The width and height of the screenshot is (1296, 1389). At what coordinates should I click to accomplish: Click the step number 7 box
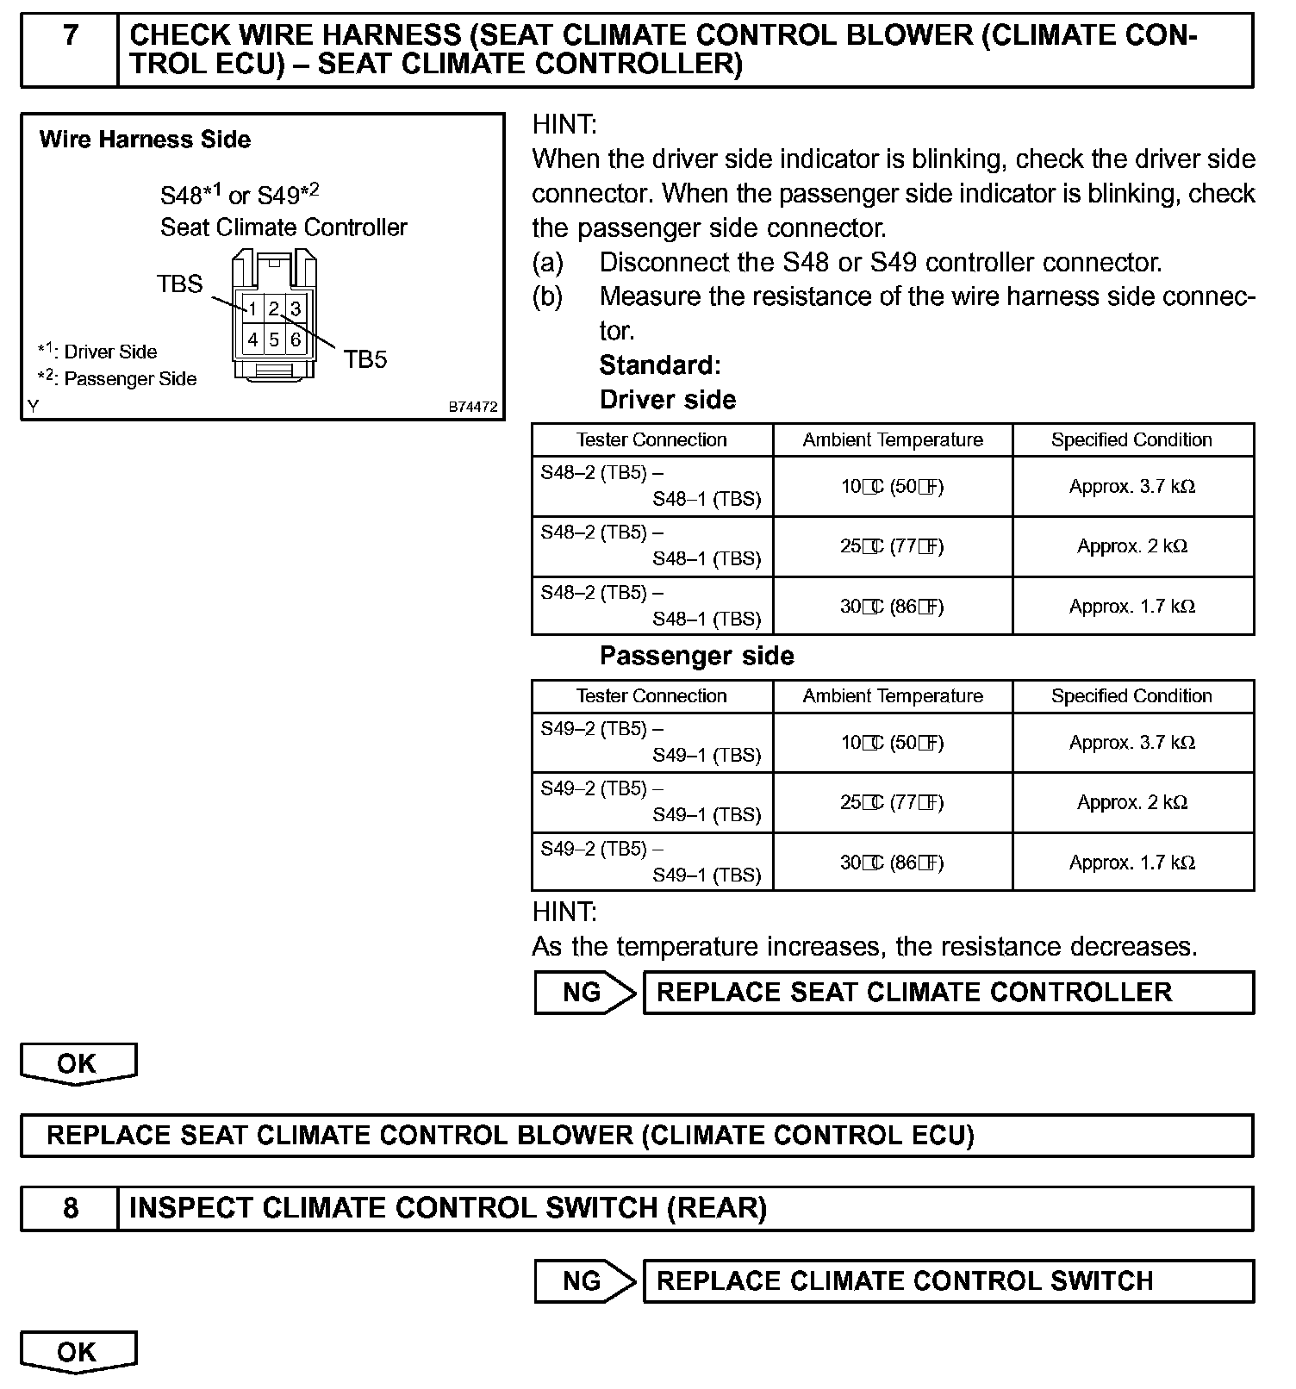point(70,49)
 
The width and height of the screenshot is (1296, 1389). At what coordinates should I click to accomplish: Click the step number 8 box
point(70,1208)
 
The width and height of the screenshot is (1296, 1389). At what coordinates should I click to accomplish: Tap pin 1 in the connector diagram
point(252,308)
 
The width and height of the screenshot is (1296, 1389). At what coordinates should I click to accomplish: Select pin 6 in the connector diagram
point(296,339)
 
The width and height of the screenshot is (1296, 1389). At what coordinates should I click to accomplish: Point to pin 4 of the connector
point(252,339)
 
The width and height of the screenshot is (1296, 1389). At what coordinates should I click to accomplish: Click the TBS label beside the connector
point(179,283)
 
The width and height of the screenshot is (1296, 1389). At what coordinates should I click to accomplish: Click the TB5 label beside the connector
point(365,359)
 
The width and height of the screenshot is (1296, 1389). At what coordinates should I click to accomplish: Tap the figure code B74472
point(472,407)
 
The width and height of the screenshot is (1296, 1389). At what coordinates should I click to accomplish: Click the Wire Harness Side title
point(145,140)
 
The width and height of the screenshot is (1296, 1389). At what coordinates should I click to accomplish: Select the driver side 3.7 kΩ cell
point(1132,487)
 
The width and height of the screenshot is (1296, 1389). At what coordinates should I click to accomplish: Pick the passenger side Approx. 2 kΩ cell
point(1132,802)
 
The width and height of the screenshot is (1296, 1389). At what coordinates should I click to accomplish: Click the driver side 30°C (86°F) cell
point(892,607)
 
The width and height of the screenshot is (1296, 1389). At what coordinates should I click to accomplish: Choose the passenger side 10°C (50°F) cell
point(892,743)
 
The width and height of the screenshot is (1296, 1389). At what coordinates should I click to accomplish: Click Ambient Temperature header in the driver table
point(893,440)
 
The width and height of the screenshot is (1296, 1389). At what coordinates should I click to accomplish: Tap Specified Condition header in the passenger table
point(1131,696)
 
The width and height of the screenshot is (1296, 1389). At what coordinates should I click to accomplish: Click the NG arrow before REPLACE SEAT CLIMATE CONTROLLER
point(583,993)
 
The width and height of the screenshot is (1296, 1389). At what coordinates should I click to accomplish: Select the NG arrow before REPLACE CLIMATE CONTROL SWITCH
point(583,1281)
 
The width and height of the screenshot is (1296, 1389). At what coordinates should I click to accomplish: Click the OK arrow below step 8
point(78,1352)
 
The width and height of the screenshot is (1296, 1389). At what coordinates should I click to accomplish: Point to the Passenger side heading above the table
point(696,656)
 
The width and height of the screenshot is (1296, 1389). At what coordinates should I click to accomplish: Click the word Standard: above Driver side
point(660,365)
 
